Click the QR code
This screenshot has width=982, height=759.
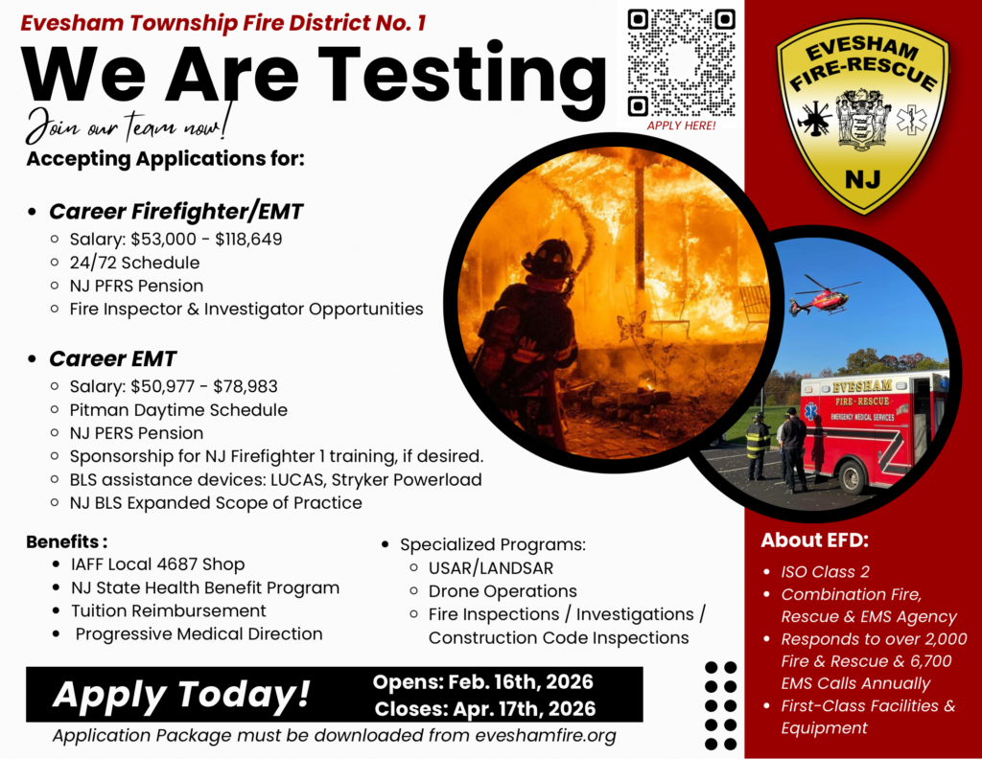(x=681, y=61)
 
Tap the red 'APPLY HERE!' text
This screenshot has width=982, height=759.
(x=681, y=125)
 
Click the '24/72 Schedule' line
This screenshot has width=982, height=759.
(x=134, y=262)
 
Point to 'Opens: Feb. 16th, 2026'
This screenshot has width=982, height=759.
(x=483, y=682)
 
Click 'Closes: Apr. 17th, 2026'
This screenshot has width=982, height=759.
(x=484, y=709)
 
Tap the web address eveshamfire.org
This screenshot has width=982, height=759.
(x=545, y=736)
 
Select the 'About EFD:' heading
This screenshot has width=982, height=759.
(x=814, y=540)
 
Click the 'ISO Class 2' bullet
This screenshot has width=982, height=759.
(x=825, y=572)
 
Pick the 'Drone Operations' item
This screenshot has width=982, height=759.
(x=503, y=591)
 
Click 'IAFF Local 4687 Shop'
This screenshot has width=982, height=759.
(x=157, y=564)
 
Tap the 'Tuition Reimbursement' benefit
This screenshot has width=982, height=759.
(x=169, y=610)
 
